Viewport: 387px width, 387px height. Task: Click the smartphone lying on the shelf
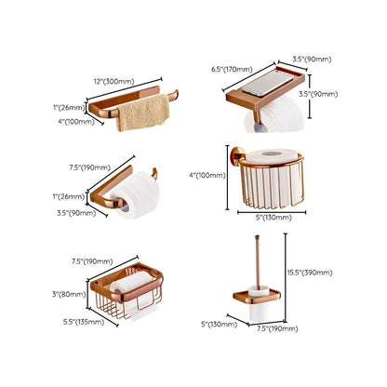coord(261,89)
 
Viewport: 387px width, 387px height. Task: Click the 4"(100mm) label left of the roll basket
coord(206,176)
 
